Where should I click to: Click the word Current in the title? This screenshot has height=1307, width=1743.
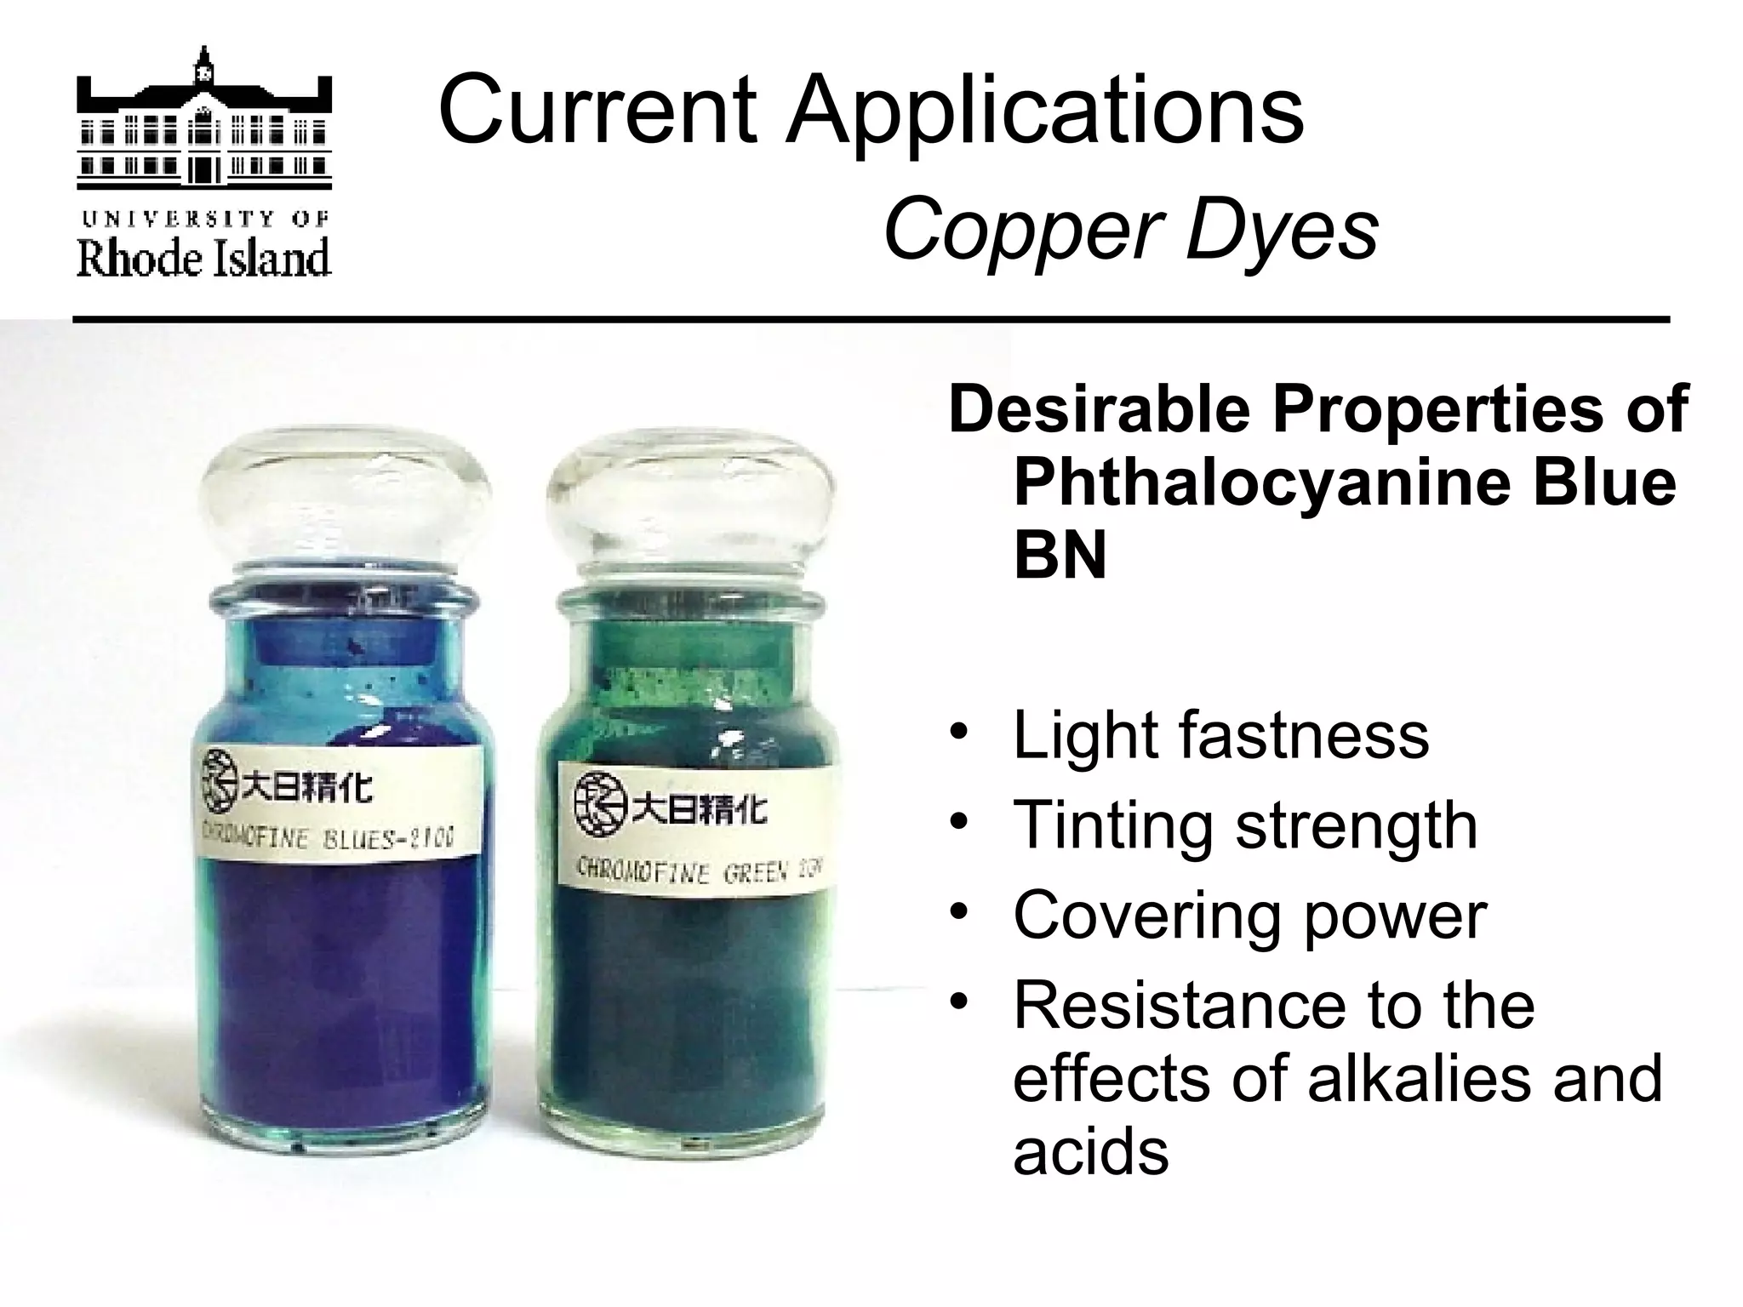click(x=597, y=111)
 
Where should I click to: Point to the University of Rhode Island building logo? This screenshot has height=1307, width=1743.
click(x=204, y=119)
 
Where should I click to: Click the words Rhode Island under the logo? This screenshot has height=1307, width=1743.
click(x=204, y=258)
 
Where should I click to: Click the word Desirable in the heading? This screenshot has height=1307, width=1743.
click(x=1099, y=409)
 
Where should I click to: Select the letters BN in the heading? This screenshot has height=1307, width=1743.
click(x=1060, y=556)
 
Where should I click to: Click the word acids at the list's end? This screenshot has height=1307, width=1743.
click(x=1090, y=1151)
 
